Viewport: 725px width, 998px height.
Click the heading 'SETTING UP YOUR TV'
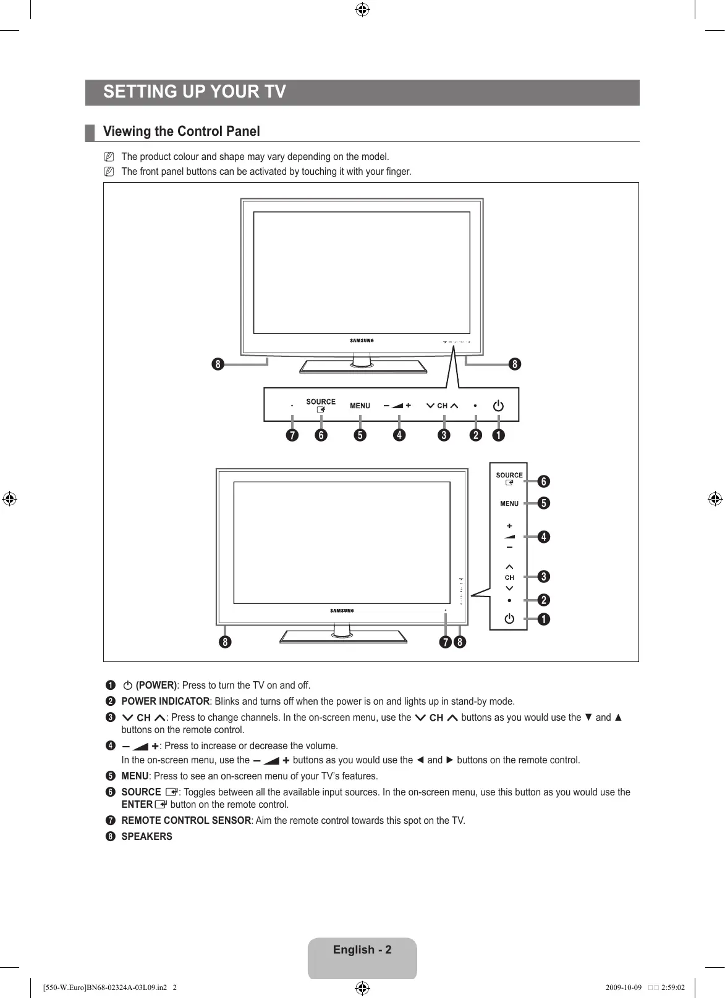(x=195, y=92)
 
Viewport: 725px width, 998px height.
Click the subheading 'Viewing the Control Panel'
(x=181, y=132)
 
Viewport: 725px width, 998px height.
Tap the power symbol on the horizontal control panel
(x=498, y=406)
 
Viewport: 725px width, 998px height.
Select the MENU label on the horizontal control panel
(x=360, y=406)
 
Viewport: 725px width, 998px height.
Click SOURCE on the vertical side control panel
(x=509, y=476)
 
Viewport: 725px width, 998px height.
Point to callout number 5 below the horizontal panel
(x=360, y=435)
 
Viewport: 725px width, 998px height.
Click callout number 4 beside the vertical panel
(x=543, y=537)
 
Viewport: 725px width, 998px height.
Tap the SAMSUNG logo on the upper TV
(x=362, y=340)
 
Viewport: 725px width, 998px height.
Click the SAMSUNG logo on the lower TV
(x=342, y=611)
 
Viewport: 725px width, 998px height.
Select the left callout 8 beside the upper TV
(x=217, y=364)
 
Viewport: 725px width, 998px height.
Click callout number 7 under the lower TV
(x=445, y=642)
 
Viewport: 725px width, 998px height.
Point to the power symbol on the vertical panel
(x=509, y=618)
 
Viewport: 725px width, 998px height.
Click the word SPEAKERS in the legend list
(x=146, y=837)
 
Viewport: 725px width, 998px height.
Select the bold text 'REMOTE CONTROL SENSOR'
(x=186, y=821)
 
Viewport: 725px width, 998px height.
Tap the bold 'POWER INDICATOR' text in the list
(x=165, y=702)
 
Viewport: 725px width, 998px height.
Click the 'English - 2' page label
(x=362, y=950)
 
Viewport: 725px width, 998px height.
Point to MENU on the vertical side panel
(x=509, y=503)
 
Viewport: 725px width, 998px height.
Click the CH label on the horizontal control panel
(x=442, y=406)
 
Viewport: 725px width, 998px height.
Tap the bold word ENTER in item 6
(x=137, y=805)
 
